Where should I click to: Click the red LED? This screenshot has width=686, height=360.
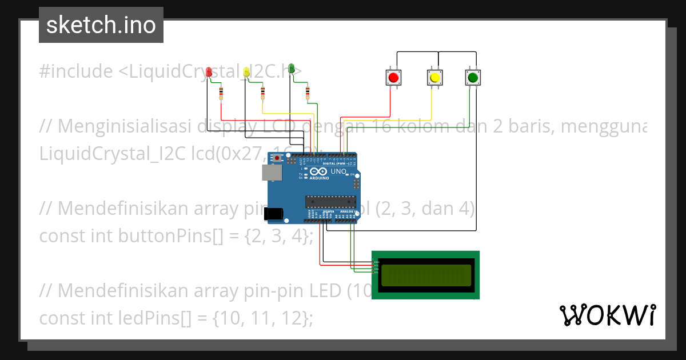(209, 71)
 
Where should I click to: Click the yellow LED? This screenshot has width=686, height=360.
(246, 71)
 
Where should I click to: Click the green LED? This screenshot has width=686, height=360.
(291, 69)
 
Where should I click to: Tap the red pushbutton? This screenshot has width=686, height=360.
(393, 77)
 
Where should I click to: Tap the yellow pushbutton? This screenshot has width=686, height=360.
(434, 77)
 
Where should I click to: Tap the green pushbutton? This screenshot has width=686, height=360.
(472, 77)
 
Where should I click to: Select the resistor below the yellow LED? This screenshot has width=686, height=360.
(263, 93)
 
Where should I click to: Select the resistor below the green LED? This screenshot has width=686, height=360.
(308, 93)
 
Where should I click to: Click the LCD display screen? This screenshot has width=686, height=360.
(426, 275)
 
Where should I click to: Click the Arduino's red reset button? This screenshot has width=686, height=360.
(278, 158)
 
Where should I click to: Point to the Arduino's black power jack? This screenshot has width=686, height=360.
(273, 214)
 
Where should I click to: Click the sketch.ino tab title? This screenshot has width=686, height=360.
(101, 25)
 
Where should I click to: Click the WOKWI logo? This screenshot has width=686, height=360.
(607, 315)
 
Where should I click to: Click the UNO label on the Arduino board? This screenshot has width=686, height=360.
(338, 171)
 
